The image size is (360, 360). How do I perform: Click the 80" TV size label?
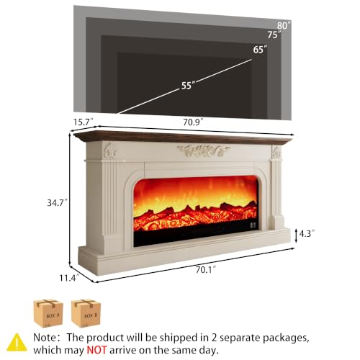click(x=284, y=25)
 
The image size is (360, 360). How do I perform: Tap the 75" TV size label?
click(x=274, y=35)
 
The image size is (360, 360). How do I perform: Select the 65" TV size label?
click(x=260, y=50)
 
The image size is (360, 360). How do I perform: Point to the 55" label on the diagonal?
click(x=188, y=86)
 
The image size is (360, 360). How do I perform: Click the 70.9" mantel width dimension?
click(x=194, y=122)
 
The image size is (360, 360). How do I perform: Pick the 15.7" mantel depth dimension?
click(x=83, y=122)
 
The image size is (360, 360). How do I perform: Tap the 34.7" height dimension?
click(x=56, y=203)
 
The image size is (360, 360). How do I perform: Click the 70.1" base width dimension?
click(x=206, y=270)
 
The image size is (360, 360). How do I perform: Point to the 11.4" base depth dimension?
click(x=69, y=278)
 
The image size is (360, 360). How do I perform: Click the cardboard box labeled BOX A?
click(x=48, y=313)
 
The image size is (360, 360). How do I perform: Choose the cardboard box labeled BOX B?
click(x=86, y=313)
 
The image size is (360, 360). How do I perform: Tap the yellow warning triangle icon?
click(x=17, y=342)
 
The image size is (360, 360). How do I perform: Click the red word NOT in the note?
click(x=96, y=350)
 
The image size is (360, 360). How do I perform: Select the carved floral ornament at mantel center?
click(x=203, y=150)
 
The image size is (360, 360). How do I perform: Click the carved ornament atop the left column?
click(x=109, y=150)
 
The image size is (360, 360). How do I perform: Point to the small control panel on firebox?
click(x=253, y=225)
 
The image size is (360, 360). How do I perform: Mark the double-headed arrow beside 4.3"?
click(x=297, y=236)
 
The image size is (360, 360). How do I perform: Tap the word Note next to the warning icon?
click(x=45, y=338)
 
